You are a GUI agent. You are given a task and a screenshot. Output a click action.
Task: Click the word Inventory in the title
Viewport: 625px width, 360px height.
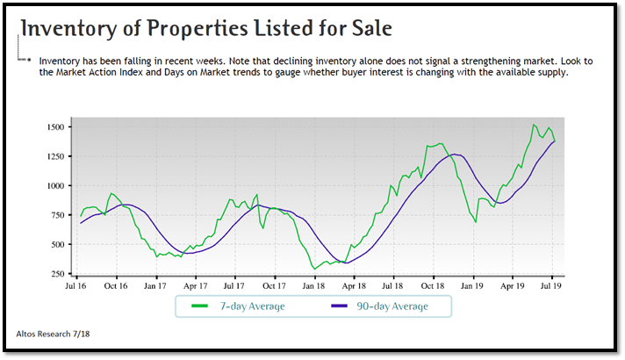click(x=69, y=28)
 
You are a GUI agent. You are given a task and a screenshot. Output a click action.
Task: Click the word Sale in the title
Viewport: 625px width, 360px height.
click(x=363, y=28)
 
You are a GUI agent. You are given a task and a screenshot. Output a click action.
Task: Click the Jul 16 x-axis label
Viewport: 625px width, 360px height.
click(x=76, y=286)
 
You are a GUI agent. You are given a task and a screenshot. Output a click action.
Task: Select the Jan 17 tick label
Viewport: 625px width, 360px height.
click(x=156, y=286)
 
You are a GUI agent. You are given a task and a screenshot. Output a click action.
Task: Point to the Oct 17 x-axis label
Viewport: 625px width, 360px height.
click(x=275, y=286)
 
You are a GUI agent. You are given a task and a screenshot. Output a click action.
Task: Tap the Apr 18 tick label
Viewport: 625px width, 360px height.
click(x=354, y=286)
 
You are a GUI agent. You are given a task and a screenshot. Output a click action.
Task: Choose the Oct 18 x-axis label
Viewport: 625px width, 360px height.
click(x=434, y=286)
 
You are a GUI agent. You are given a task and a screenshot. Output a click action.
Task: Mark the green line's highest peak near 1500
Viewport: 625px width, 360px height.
click(x=534, y=126)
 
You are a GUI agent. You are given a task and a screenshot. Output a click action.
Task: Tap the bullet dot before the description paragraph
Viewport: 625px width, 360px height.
click(x=29, y=62)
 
